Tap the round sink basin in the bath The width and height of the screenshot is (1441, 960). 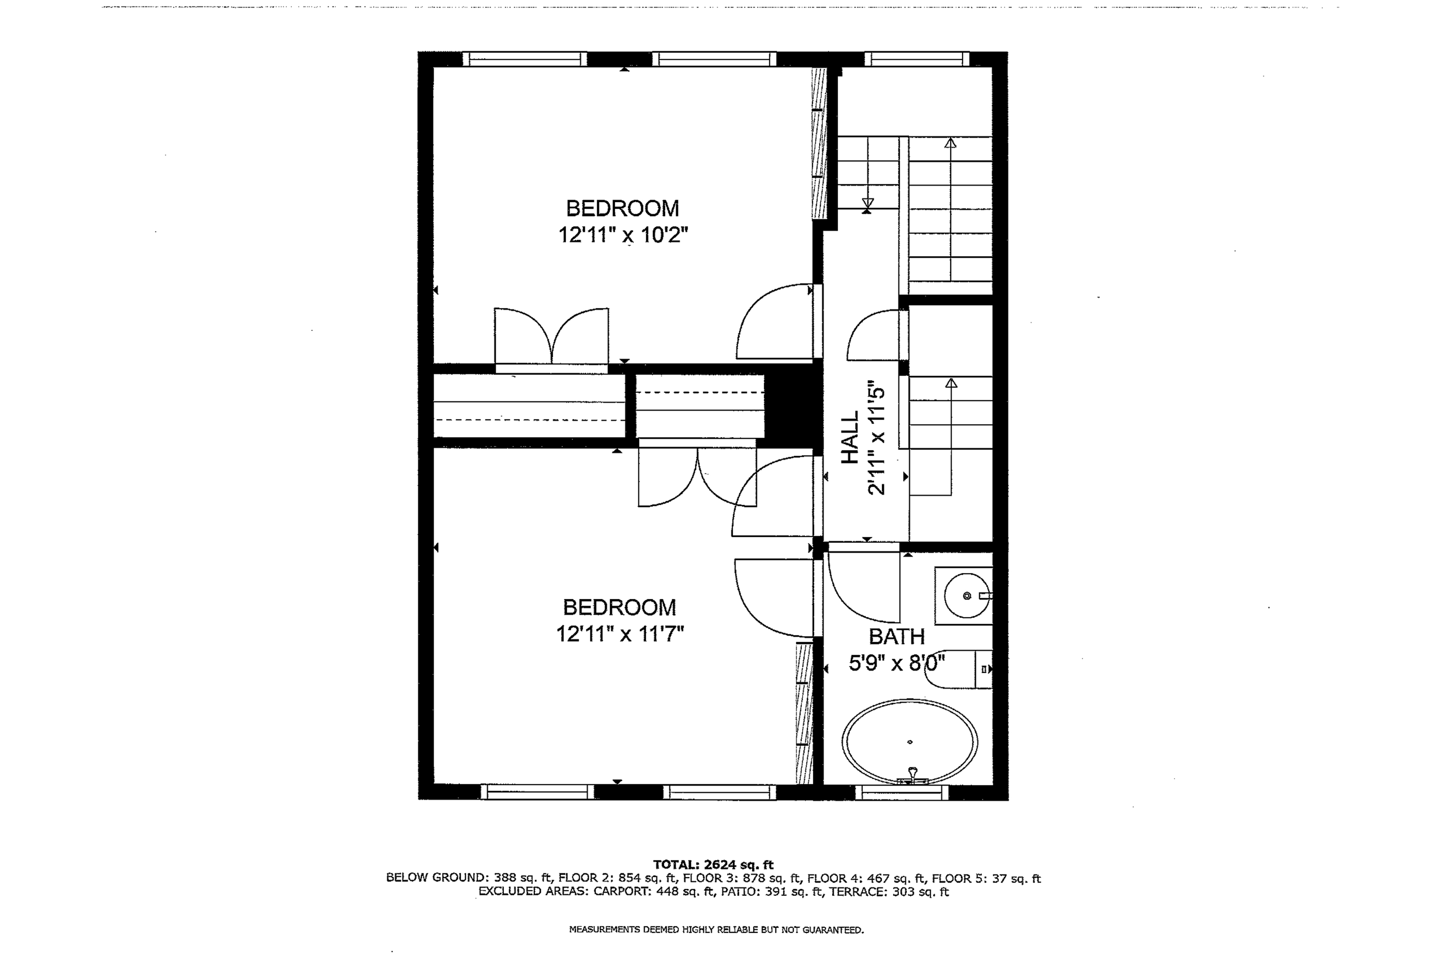(966, 596)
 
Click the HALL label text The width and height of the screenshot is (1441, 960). (850, 437)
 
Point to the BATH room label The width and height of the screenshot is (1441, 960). (896, 637)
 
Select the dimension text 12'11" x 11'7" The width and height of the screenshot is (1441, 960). (619, 634)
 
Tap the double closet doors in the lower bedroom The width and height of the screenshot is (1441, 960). (697, 478)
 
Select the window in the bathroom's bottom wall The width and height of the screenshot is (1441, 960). (901, 793)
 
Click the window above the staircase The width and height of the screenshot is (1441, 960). (917, 59)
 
